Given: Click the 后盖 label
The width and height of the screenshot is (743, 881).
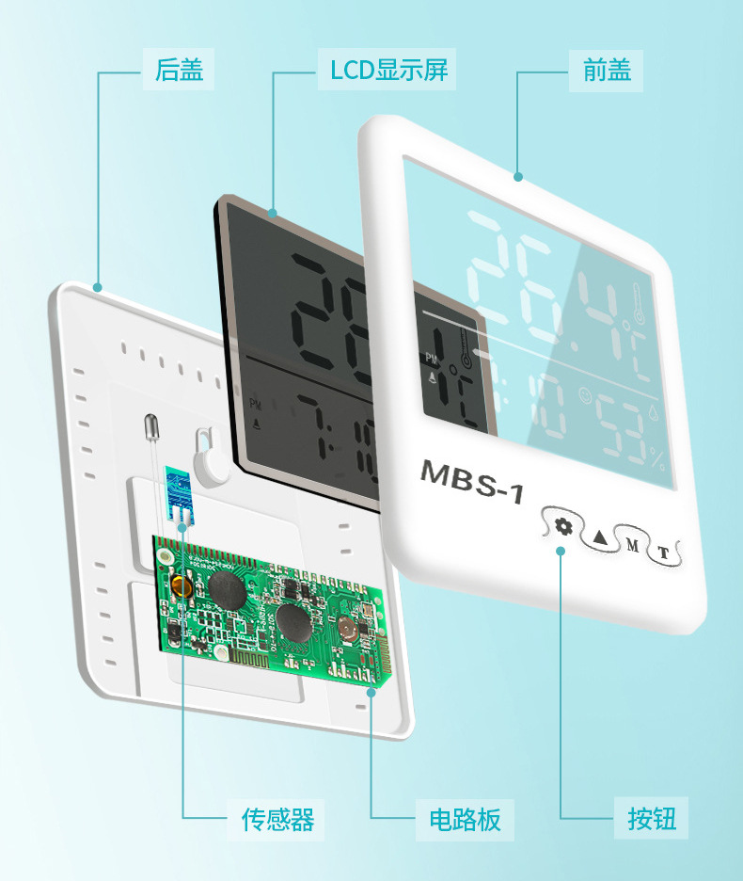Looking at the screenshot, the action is (179, 69).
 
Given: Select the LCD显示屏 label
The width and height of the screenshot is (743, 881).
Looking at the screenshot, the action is (388, 69).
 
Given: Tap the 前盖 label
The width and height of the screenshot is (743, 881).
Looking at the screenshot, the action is (607, 69).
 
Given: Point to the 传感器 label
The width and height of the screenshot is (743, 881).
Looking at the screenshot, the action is (277, 818).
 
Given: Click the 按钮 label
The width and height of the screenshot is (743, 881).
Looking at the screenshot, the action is (652, 818).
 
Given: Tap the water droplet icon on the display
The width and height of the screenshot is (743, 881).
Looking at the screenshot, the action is (654, 412).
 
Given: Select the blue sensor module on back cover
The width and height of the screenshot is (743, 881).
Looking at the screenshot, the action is (176, 489).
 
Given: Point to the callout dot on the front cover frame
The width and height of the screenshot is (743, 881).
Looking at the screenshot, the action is (517, 175).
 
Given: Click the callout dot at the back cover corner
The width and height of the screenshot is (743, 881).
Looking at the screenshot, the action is (97, 285).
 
